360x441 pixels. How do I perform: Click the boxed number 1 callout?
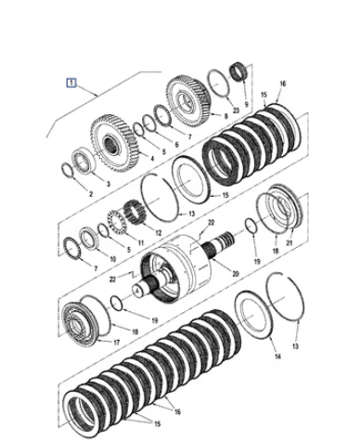coord(71,83)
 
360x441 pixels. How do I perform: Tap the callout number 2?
coord(91,194)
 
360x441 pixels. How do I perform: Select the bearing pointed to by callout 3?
coord(83,162)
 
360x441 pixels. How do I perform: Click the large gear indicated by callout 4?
coord(114,144)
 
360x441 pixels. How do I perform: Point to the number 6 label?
coord(177,145)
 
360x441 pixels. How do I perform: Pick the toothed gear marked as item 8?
coord(188,101)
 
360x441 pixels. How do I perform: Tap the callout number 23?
coord(236,110)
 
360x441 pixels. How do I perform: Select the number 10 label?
coord(112,259)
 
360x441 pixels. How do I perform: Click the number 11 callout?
coord(141,243)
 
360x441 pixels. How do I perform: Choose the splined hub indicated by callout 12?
coord(134,213)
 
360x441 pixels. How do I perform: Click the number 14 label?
coord(277,357)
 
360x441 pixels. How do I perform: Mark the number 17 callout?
coord(116,343)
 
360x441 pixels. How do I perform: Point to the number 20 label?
coord(236,274)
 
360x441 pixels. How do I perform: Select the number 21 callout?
coord(289,243)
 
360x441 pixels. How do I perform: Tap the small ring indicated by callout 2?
coord(68,171)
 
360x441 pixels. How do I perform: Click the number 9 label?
coord(246,104)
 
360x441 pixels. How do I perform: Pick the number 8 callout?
coord(226,116)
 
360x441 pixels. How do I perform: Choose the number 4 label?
coord(152,159)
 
